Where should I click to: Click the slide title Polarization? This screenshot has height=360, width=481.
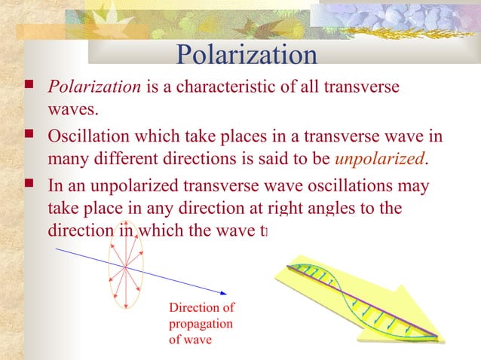click(x=246, y=54)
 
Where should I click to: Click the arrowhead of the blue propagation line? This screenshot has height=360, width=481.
click(x=222, y=292)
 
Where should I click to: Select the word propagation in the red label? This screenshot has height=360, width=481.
click(x=201, y=323)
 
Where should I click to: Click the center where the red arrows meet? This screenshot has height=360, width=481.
click(x=125, y=267)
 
